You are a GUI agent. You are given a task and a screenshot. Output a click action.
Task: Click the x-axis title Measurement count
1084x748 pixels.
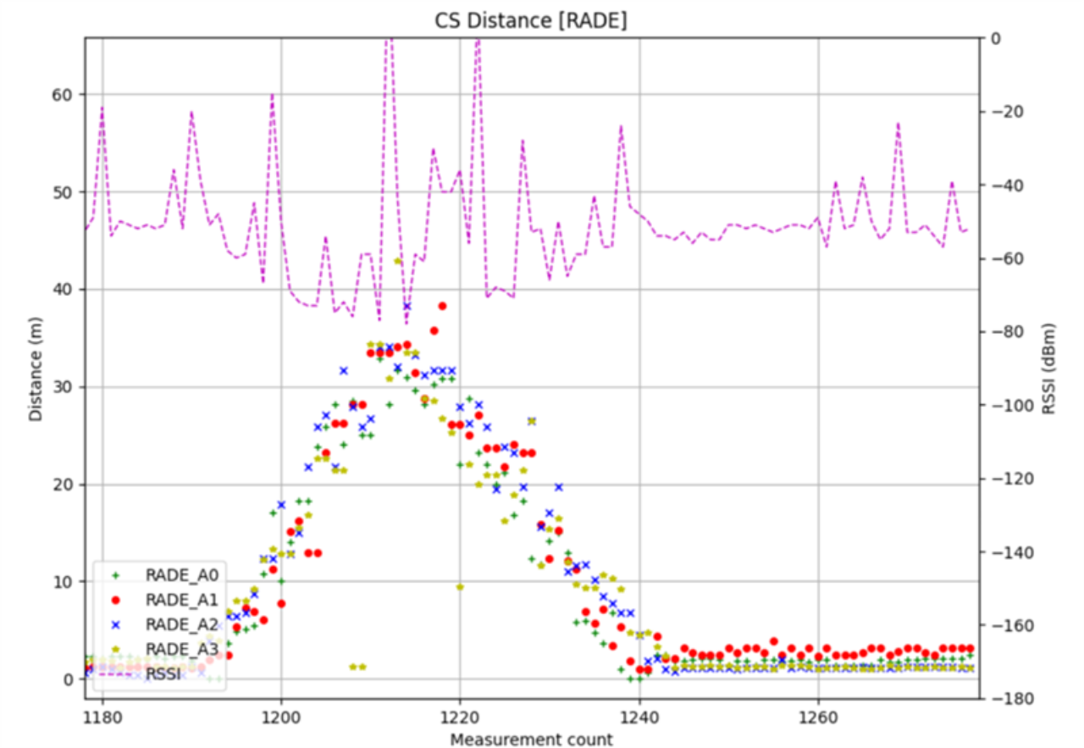[531, 739]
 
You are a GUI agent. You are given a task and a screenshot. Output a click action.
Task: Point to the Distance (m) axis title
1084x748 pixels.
[35, 368]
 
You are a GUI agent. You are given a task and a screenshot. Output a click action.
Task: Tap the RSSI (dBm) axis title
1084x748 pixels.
[1050, 368]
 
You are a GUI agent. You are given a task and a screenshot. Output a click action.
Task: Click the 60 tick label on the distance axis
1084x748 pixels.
[63, 95]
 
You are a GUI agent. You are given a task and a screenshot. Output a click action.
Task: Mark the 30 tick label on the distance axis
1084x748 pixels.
[63, 387]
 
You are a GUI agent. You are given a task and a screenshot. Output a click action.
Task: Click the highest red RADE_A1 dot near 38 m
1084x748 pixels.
[442, 306]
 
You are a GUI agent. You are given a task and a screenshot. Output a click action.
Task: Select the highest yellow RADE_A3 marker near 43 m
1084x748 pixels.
[397, 261]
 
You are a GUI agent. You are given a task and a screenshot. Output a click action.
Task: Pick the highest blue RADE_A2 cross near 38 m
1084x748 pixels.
[406, 307]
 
